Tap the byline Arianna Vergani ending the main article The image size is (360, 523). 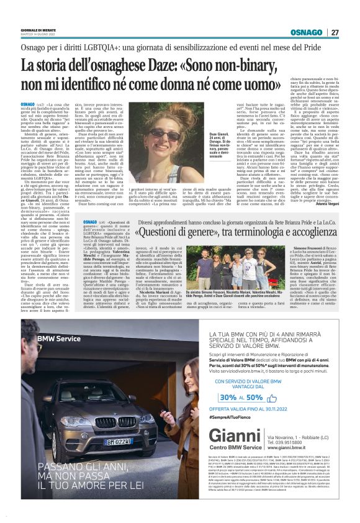coord(324,206)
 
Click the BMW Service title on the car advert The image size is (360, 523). coord(60,339)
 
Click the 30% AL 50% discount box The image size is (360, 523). coord(254,397)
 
